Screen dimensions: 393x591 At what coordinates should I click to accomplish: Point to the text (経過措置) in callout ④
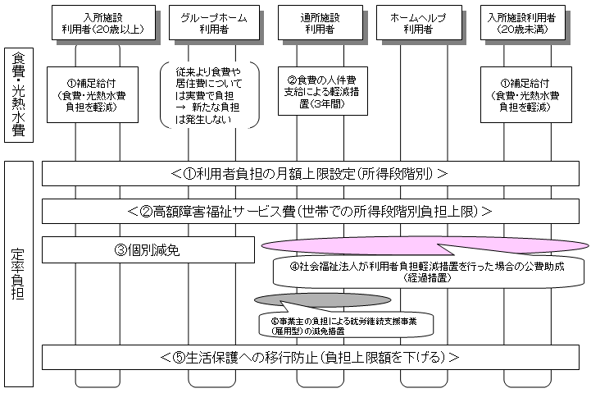[x=425, y=279]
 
